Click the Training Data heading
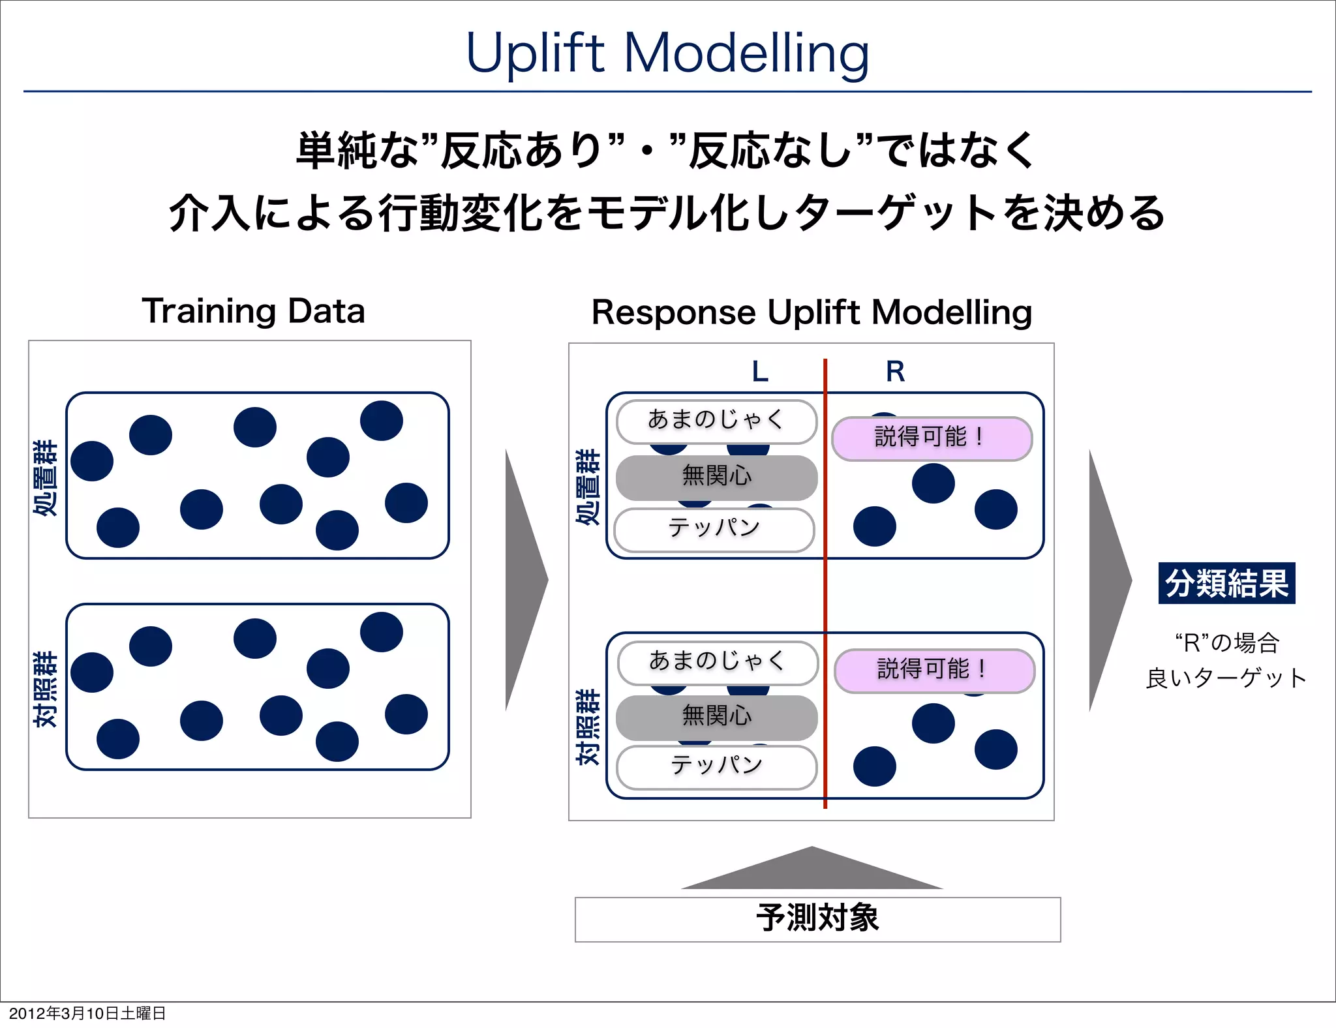[253, 310]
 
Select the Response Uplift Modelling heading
[811, 312]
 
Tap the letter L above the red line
[760, 372]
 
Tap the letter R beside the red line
[895, 372]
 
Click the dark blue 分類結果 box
[1226, 582]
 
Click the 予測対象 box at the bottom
[817, 919]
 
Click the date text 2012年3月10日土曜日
[87, 1013]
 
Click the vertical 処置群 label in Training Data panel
[46, 477]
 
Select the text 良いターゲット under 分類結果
[1226, 678]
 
